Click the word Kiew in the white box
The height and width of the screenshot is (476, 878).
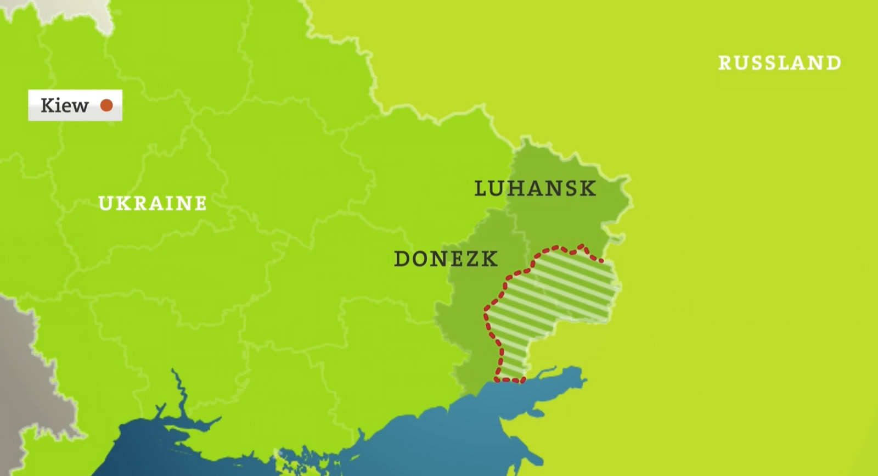(64, 105)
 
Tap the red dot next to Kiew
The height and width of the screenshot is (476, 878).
(106, 105)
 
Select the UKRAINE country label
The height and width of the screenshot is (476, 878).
(153, 203)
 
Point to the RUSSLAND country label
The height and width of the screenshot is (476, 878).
(779, 63)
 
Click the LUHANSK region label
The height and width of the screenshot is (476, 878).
(535, 188)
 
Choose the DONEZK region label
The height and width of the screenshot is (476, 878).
(446, 259)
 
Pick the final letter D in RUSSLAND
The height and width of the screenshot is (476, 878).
(834, 63)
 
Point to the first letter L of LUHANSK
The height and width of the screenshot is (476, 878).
(481, 188)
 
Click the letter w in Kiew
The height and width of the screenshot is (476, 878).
(81, 105)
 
